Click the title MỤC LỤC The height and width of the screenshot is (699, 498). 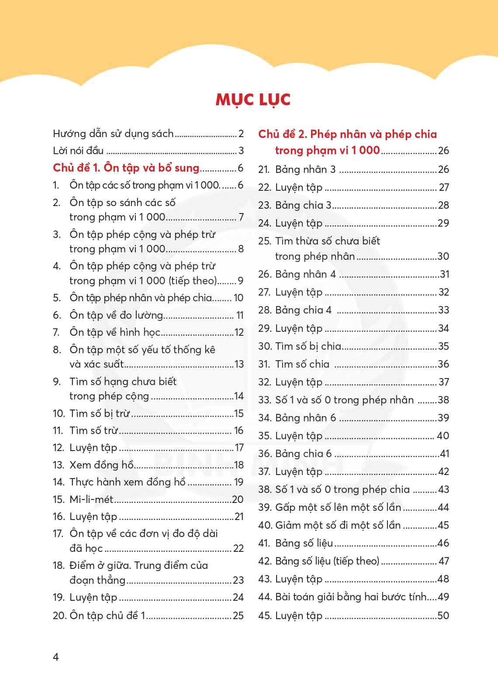[253, 100]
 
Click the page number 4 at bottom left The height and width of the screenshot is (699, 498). [55, 657]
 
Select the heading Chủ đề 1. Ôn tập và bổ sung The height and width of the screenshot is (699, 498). [126, 168]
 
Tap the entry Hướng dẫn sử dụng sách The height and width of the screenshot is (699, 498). [113, 134]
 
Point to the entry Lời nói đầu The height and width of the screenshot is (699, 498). [78, 151]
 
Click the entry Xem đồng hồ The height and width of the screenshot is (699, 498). [101, 465]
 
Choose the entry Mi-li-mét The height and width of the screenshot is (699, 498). [91, 499]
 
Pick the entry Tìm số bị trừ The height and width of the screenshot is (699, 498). [100, 413]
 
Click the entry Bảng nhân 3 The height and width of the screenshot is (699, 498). [305, 169]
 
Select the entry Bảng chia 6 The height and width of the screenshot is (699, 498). [303, 454]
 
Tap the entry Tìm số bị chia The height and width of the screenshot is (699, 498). [308, 346]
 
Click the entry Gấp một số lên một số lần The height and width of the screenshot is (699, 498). [338, 507]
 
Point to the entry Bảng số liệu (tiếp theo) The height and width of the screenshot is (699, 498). [327, 561]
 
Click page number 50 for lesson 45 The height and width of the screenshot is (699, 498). [443, 616]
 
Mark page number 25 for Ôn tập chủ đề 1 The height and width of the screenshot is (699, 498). [238, 616]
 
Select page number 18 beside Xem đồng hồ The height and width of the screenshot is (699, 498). [239, 465]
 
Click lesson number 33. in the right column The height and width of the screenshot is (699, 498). [264, 400]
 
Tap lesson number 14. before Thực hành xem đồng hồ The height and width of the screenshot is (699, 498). [59, 482]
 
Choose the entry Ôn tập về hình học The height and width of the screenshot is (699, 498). [115, 333]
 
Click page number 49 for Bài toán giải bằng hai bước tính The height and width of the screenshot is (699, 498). [443, 597]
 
